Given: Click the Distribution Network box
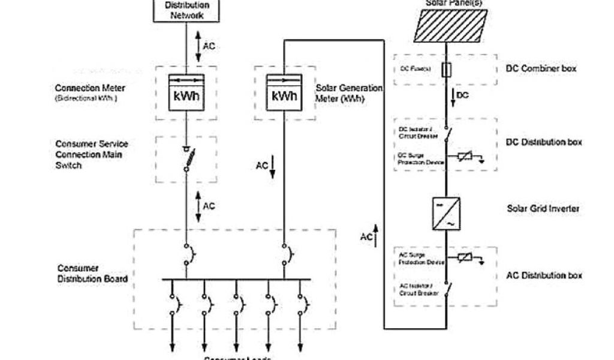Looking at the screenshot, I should pos(186,10).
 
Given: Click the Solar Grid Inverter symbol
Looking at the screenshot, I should pos(446,213).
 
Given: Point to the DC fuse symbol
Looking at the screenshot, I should pos(445,70).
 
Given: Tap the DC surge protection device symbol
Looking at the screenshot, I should pos(465,158).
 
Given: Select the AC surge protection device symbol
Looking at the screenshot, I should pos(465,258).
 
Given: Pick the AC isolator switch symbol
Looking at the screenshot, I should pos(447,292).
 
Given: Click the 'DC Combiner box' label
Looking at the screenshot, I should pos(541,68).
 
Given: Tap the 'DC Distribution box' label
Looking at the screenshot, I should pos(544,143).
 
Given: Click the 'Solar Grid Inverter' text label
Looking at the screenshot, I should pos(542,209).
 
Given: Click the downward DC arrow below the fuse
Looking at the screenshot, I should pos(451,97).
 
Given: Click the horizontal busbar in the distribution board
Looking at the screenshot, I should pos(236,279).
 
